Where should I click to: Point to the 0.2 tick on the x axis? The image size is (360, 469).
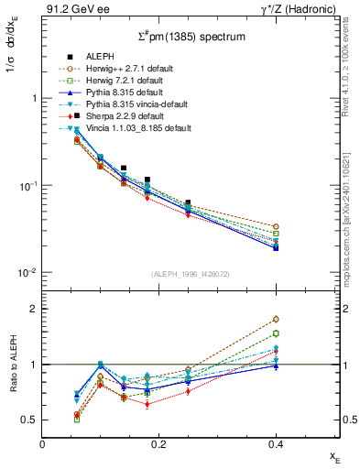point(158,442)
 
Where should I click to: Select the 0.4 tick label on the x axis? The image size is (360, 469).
point(275,442)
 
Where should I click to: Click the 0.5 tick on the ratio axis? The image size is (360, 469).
point(29,420)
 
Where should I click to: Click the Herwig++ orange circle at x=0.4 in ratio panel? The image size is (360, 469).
point(275,320)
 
